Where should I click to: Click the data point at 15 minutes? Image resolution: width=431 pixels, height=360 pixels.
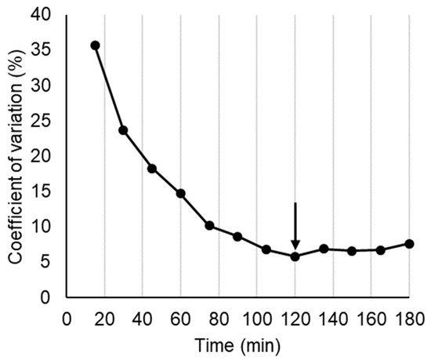[x=95, y=45]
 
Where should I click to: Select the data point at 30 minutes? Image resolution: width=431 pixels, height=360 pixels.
[x=123, y=130]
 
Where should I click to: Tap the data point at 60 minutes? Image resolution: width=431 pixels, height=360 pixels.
[x=180, y=193]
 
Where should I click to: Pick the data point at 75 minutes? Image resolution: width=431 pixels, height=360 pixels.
[x=209, y=225]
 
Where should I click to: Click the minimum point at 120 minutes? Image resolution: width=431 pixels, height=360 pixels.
[x=295, y=256]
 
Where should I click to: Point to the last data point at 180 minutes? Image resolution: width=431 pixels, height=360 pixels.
[x=409, y=243]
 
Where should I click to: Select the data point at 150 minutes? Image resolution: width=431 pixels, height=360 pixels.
[x=352, y=251]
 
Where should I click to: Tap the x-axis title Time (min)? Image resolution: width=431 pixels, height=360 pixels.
[x=238, y=344]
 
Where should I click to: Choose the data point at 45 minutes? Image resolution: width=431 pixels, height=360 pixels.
[x=152, y=169]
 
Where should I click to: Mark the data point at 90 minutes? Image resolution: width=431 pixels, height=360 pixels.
[x=237, y=236]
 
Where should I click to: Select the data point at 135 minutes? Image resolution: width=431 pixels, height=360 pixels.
[x=323, y=249]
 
